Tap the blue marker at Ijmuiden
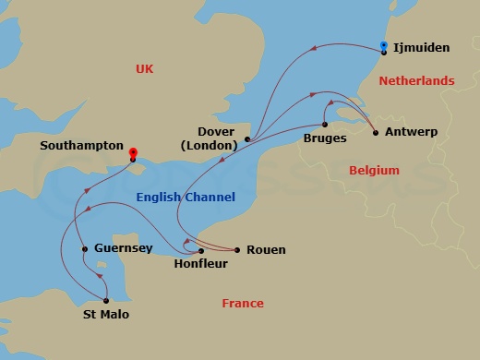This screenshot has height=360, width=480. pyautogui.click(x=384, y=46)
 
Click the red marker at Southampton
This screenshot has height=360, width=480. pyautogui.click(x=133, y=154)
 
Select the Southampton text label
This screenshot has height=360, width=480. pyautogui.click(x=81, y=146)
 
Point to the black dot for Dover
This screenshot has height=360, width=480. pyautogui.click(x=247, y=139)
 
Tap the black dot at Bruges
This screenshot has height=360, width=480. pyautogui.click(x=325, y=124)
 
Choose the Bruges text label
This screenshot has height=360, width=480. pyautogui.click(x=325, y=138)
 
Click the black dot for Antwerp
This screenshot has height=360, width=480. pyautogui.click(x=375, y=133)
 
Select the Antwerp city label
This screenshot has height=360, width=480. pyautogui.click(x=412, y=133)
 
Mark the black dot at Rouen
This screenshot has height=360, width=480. pyautogui.click(x=237, y=250)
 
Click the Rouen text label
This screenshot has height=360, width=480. pyautogui.click(x=266, y=250)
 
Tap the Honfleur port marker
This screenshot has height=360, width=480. pyautogui.click(x=200, y=250)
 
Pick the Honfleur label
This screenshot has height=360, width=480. pyautogui.click(x=200, y=264)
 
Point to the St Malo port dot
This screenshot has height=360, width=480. pyautogui.click(x=106, y=300)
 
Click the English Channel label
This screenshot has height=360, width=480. pyautogui.click(x=186, y=198)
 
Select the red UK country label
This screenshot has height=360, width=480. pyautogui.click(x=145, y=69)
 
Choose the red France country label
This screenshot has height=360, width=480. pyautogui.click(x=242, y=304)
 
